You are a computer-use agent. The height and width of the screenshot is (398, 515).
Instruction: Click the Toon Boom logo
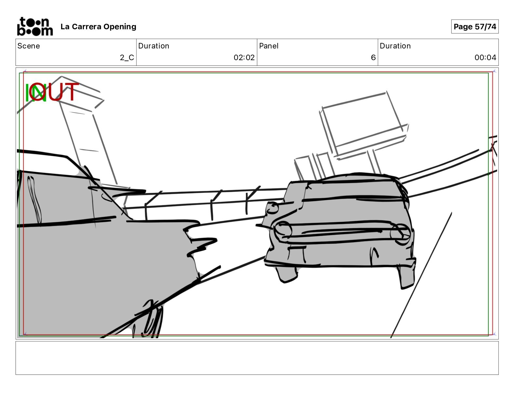35,27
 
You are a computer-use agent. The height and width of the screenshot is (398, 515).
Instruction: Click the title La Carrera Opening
99,27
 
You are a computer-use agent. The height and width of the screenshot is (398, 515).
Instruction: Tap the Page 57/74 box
475,27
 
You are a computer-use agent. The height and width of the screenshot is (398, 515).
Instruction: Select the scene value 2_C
127,58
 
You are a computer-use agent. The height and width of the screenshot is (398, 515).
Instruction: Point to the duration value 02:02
244,58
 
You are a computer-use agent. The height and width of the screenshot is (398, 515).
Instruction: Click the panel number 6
373,58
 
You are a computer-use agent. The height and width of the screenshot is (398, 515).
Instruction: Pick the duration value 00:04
485,58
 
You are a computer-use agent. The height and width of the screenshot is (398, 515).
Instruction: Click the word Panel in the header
269,46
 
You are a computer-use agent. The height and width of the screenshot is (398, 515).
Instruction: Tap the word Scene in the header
29,46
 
